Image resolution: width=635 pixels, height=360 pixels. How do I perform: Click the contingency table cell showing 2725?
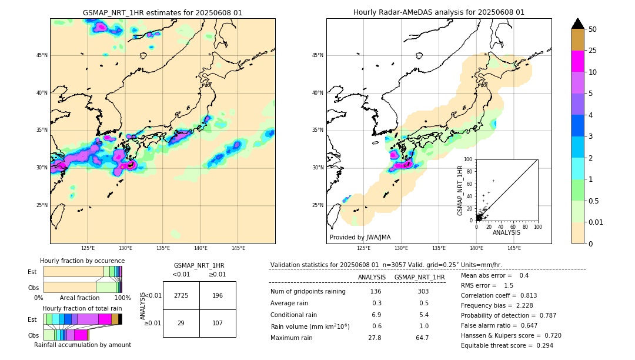click(181, 295)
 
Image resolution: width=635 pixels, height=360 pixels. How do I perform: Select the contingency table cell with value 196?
click(218, 295)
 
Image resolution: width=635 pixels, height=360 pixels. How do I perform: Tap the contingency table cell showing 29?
click(181, 323)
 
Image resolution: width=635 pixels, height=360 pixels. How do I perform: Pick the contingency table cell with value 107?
click(218, 323)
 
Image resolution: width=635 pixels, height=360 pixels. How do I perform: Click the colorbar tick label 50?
click(593, 29)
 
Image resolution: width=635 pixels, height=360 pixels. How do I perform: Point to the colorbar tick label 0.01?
click(596, 222)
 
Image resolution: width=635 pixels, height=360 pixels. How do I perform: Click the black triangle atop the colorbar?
click(578, 24)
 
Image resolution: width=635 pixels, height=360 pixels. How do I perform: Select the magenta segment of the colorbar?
click(578, 61)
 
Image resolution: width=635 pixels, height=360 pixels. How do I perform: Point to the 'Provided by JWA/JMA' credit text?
click(360, 237)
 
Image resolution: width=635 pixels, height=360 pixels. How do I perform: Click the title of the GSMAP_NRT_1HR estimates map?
click(162, 12)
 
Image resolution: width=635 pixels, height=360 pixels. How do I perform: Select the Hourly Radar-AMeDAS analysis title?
click(439, 12)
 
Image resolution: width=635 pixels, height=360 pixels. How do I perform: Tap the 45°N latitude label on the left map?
click(42, 55)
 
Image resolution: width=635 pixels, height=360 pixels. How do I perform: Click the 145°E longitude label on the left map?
click(238, 248)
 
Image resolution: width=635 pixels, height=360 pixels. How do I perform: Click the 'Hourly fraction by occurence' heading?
click(82, 261)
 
